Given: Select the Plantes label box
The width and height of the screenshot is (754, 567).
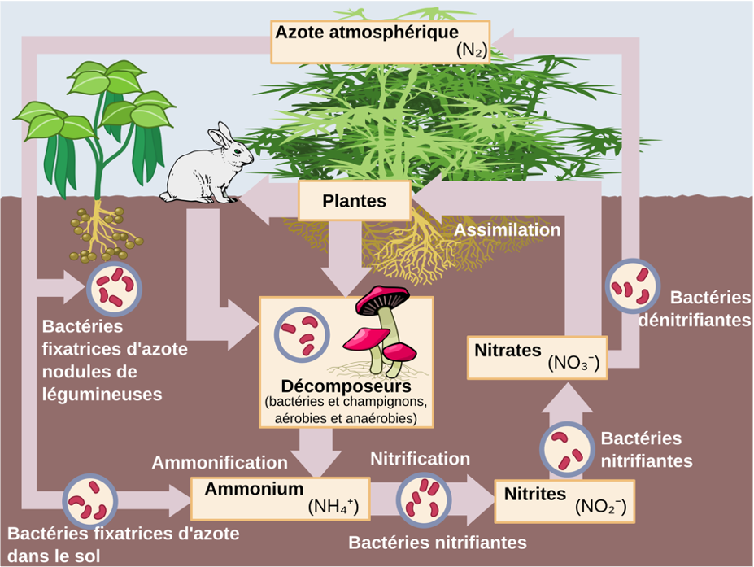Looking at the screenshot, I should [x=354, y=201].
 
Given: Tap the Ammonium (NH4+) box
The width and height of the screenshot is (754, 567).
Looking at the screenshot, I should [x=274, y=498].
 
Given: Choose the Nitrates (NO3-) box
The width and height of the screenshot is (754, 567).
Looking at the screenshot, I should [x=537, y=356].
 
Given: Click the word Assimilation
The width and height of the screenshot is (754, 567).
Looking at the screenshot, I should [x=507, y=230].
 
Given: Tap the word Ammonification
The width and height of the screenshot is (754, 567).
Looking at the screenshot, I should [x=220, y=462].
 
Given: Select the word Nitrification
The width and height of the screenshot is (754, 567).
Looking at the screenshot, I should [x=420, y=459].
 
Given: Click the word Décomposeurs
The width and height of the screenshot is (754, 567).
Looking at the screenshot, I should [x=345, y=386].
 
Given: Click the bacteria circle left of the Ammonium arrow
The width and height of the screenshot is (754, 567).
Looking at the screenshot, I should [x=90, y=499].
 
